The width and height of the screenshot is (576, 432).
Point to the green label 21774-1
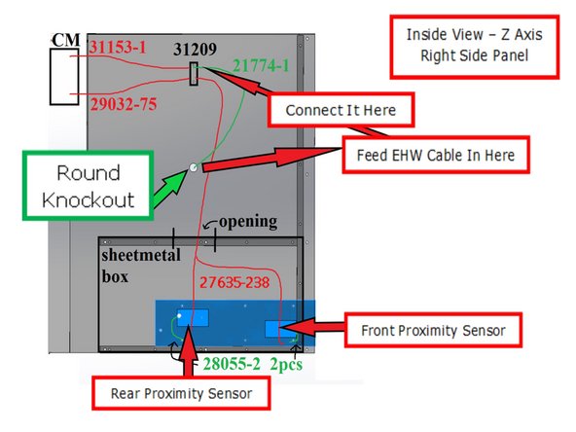tap(262, 67)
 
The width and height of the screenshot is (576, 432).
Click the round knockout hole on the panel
tap(194, 167)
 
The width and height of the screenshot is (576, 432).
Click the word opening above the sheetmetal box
tap(246, 222)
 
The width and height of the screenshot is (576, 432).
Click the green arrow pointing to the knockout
tap(170, 180)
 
